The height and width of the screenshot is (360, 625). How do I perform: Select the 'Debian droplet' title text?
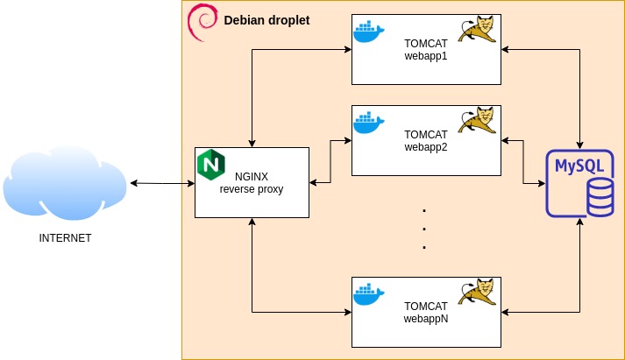(266, 20)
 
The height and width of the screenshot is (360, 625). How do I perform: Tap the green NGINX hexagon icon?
(210, 164)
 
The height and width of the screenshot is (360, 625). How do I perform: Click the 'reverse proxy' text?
(252, 189)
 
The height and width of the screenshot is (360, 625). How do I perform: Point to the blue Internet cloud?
(65, 183)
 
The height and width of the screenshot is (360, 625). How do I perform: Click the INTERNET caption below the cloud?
(65, 238)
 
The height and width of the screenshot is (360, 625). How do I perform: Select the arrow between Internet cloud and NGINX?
(162, 183)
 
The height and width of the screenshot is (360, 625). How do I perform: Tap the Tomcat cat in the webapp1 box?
(479, 30)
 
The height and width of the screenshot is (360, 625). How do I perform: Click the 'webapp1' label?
(426, 56)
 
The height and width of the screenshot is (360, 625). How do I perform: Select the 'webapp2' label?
(426, 147)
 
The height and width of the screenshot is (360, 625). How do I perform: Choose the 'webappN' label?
(426, 319)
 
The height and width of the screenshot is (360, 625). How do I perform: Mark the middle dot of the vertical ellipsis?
(424, 229)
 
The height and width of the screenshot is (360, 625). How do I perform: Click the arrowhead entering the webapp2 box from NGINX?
(347, 138)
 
